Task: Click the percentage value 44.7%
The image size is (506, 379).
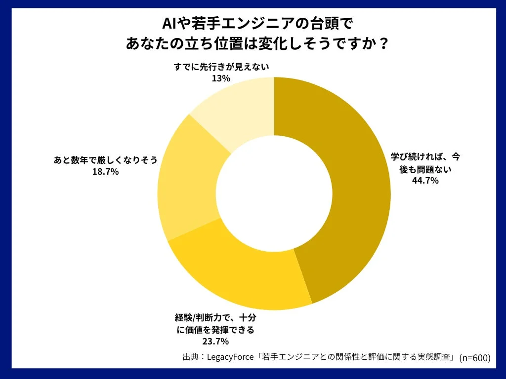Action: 425,181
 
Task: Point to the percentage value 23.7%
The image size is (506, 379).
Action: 215,341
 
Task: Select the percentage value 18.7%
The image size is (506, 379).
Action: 105,172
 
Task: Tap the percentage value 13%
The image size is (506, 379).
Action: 221,78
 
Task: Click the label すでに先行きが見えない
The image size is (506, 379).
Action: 221,67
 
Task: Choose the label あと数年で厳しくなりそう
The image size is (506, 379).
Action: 105,160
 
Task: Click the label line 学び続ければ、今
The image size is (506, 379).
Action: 425,157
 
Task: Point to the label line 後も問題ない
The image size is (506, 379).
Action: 425,169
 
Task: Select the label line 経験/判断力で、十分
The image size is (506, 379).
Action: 215,317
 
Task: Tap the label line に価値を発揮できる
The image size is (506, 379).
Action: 215,329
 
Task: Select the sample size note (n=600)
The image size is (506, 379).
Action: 475,358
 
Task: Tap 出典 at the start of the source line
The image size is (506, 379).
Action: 190,357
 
